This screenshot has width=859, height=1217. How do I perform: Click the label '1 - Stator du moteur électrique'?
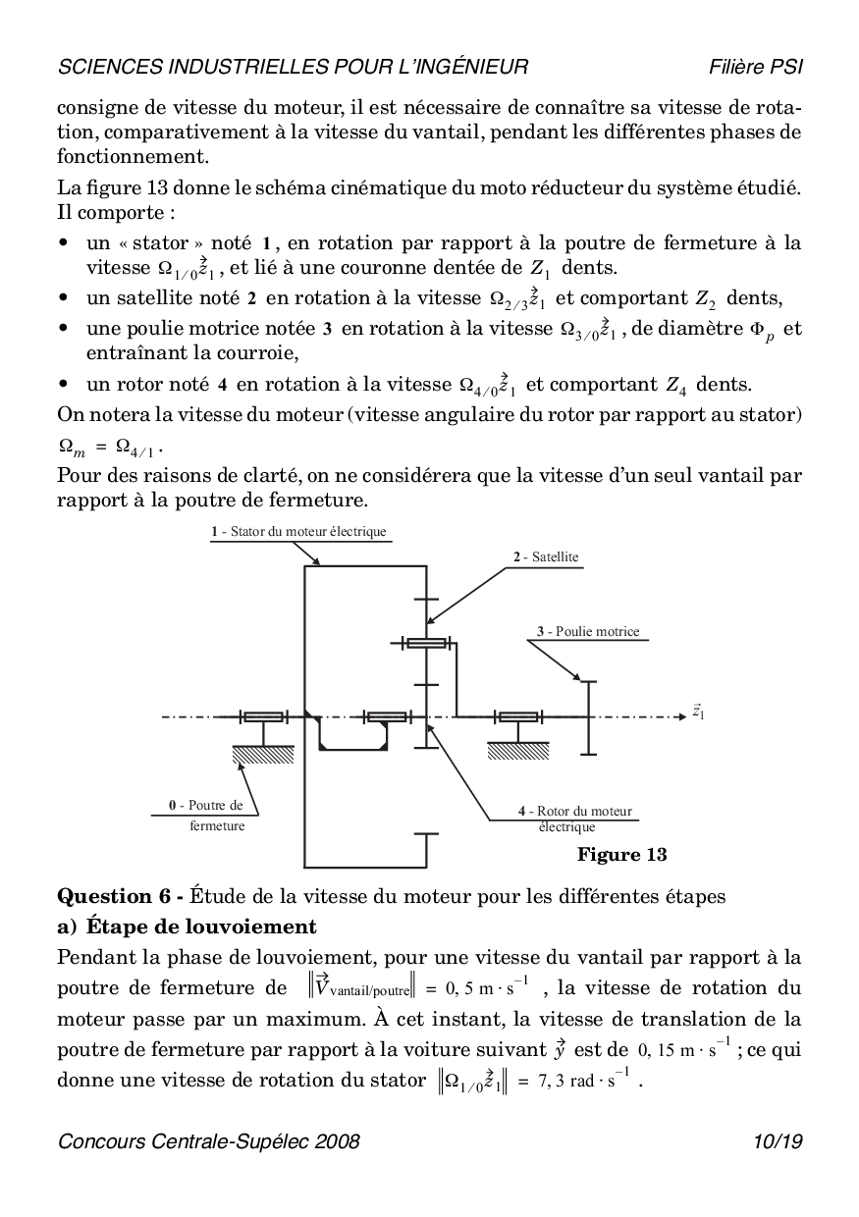[298, 532]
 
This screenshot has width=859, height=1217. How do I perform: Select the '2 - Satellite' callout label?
[546, 556]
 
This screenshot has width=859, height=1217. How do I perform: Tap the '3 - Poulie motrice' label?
[588, 631]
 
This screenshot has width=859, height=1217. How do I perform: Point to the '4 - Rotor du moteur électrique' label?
[575, 819]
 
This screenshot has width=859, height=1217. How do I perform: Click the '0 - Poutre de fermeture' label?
[206, 815]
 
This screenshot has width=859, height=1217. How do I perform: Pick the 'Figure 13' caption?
[621, 855]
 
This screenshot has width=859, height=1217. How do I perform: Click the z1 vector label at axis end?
[698, 712]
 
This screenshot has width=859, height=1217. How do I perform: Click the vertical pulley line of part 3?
[587, 717]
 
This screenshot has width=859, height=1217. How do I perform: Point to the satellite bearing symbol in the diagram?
[427, 643]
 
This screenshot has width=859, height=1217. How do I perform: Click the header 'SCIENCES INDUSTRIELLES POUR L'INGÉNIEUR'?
[294, 67]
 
